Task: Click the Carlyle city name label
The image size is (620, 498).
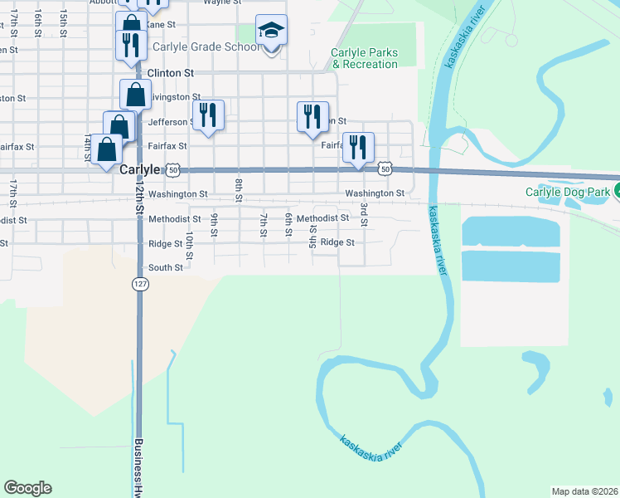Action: click(x=138, y=168)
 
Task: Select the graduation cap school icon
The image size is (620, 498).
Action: click(x=271, y=31)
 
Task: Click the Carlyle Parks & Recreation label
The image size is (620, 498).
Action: click(x=365, y=58)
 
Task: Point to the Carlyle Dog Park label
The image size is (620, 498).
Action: click(x=568, y=192)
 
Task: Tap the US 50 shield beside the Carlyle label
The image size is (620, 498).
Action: click(x=172, y=168)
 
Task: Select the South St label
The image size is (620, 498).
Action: click(x=166, y=267)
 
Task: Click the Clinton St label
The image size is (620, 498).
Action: click(x=170, y=73)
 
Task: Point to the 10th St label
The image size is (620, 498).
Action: click(x=190, y=247)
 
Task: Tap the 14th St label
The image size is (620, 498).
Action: click(x=86, y=146)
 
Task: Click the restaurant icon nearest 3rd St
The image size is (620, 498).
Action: click(x=358, y=147)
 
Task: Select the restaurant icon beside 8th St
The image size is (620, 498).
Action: click(x=208, y=115)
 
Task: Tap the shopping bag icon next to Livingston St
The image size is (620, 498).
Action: click(x=135, y=95)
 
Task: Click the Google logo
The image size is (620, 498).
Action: click(x=27, y=488)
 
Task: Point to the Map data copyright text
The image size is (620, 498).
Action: click(x=584, y=491)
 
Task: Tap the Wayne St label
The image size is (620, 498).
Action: click(x=221, y=2)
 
